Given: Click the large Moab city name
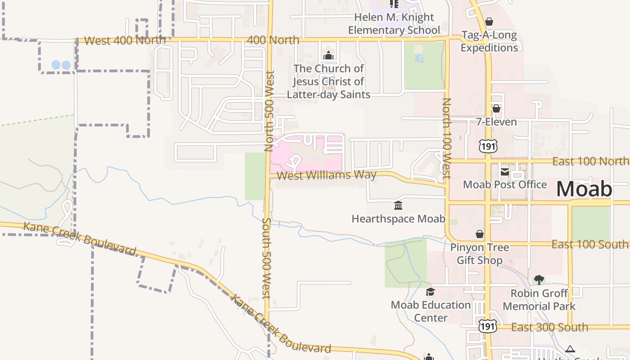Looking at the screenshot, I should click(584, 189).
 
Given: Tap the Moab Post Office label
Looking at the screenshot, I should click(505, 184).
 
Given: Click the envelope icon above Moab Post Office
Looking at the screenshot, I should click(505, 171).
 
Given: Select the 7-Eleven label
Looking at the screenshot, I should click(496, 122).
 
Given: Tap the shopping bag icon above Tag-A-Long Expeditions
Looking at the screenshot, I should click(489, 22).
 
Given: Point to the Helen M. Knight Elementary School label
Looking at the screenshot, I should click(394, 24).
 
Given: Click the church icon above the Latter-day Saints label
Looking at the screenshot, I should click(328, 56).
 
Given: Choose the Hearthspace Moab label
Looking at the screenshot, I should click(398, 219).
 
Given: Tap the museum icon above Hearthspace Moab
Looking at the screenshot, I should click(398, 206).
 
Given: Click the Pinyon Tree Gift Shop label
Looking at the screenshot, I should click(480, 254).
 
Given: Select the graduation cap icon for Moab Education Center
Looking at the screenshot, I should click(430, 292).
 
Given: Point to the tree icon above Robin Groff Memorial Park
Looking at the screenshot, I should click(539, 280).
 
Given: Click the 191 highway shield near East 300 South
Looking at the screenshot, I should click(487, 326).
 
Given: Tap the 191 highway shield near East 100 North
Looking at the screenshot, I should click(488, 146).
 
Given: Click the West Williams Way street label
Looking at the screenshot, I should click(326, 175).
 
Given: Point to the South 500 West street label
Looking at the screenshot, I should click(266, 258).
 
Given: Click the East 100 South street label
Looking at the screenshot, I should click(590, 244).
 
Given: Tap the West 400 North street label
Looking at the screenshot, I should click(125, 40).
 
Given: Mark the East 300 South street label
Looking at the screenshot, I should click(549, 327).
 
